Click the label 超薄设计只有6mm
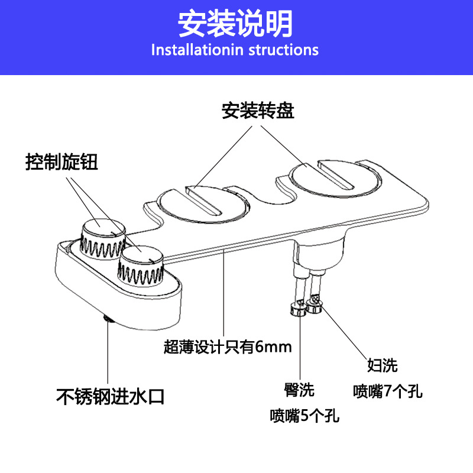(228, 346)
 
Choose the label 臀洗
(299, 390)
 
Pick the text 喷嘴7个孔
(388, 391)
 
